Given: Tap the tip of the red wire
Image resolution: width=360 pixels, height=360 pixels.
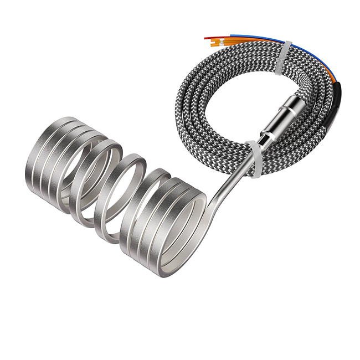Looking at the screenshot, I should click(205, 38).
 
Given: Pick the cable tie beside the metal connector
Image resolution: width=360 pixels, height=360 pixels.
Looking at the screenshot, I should click(254, 158).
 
